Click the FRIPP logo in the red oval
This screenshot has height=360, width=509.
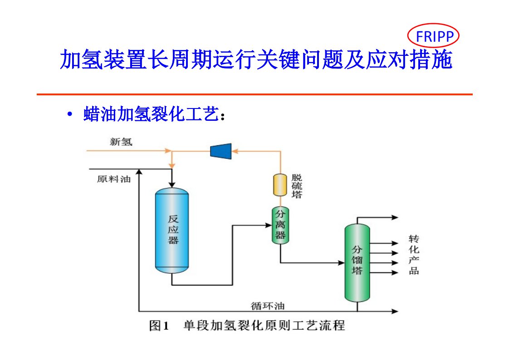[433, 36]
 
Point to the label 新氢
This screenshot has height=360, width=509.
[121, 142]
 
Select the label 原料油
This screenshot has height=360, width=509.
[113, 179]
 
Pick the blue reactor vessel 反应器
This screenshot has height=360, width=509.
[172, 231]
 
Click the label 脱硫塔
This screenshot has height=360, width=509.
[297, 186]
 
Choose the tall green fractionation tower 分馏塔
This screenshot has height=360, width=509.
[357, 262]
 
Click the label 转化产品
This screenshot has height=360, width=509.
[413, 255]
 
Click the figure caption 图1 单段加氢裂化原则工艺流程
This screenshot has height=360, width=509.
[247, 325]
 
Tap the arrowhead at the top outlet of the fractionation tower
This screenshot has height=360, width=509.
[395, 218]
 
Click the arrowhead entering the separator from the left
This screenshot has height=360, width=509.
[268, 224]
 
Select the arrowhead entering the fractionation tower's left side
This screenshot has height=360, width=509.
[341, 262]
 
